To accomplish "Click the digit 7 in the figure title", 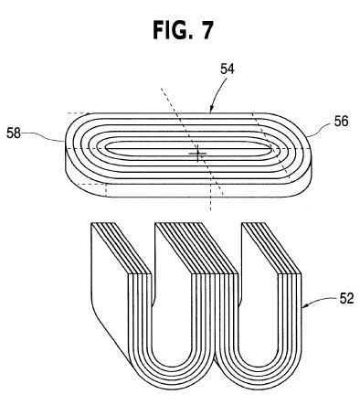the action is tap(206, 30).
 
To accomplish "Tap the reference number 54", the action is tap(228, 69).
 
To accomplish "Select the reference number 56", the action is tap(341, 122).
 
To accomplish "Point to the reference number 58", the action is tap(14, 133).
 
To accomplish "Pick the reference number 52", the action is tap(346, 298).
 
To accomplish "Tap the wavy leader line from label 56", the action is tap(320, 130).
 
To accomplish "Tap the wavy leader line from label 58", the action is tap(43, 136).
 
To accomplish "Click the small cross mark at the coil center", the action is tap(197, 153).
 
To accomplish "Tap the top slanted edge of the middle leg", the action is tap(196, 249).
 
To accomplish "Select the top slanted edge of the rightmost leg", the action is tap(271, 249).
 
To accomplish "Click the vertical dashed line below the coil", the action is tap(210, 194).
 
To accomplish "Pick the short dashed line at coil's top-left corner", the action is tap(78, 113).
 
